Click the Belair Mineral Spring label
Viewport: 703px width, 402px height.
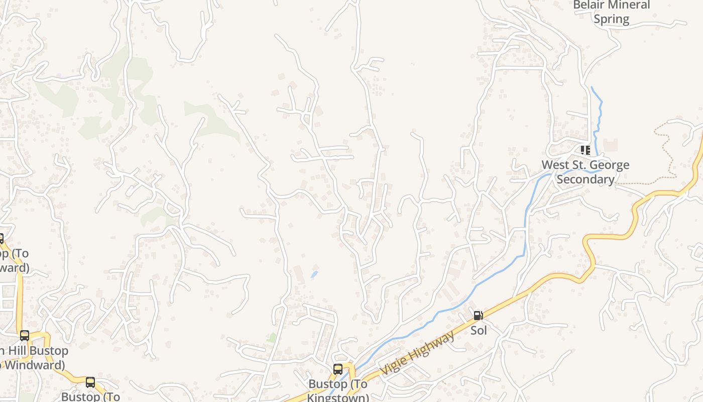tap(611, 12)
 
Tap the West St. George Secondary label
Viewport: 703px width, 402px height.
tap(585, 172)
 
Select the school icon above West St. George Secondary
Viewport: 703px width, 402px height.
tap(585, 150)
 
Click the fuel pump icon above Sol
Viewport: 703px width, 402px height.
tap(478, 316)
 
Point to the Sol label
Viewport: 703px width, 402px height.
tap(479, 331)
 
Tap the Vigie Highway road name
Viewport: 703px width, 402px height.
tap(417, 353)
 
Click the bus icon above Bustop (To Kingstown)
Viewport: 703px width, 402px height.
tap(338, 369)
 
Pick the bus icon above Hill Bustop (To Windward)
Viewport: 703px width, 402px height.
tap(24, 336)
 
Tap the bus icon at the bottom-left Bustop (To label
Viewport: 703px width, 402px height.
tap(90, 382)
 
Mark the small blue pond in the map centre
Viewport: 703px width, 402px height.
tap(314, 274)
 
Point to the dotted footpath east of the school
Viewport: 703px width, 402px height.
tap(665, 151)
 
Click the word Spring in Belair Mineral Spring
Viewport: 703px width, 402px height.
tap(611, 20)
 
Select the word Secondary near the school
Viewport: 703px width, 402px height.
tap(585, 179)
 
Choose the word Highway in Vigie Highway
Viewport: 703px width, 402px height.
tap(431, 346)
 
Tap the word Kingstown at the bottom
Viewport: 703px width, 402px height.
tap(337, 397)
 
